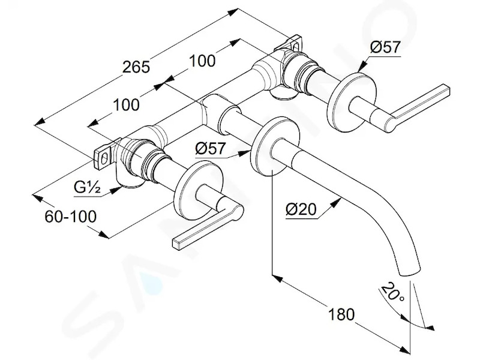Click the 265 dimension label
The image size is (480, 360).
coord(136,67)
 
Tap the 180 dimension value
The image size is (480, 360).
coord(341,314)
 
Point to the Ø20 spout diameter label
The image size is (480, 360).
coord(301,209)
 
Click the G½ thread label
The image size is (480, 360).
coord(87,187)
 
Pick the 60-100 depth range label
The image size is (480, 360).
coord(70,217)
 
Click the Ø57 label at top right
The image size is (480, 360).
coord(385,47)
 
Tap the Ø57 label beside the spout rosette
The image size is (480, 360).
coord(210,148)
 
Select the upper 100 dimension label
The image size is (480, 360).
coord(202,61)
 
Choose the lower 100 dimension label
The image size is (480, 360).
coord(126,104)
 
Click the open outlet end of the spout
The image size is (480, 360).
coord(410,272)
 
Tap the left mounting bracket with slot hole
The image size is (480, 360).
coord(104,155)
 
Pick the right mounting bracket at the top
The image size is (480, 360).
coord(290,44)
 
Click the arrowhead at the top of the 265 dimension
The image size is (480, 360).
coord(234,12)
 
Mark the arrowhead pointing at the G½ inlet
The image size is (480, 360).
coord(115,190)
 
